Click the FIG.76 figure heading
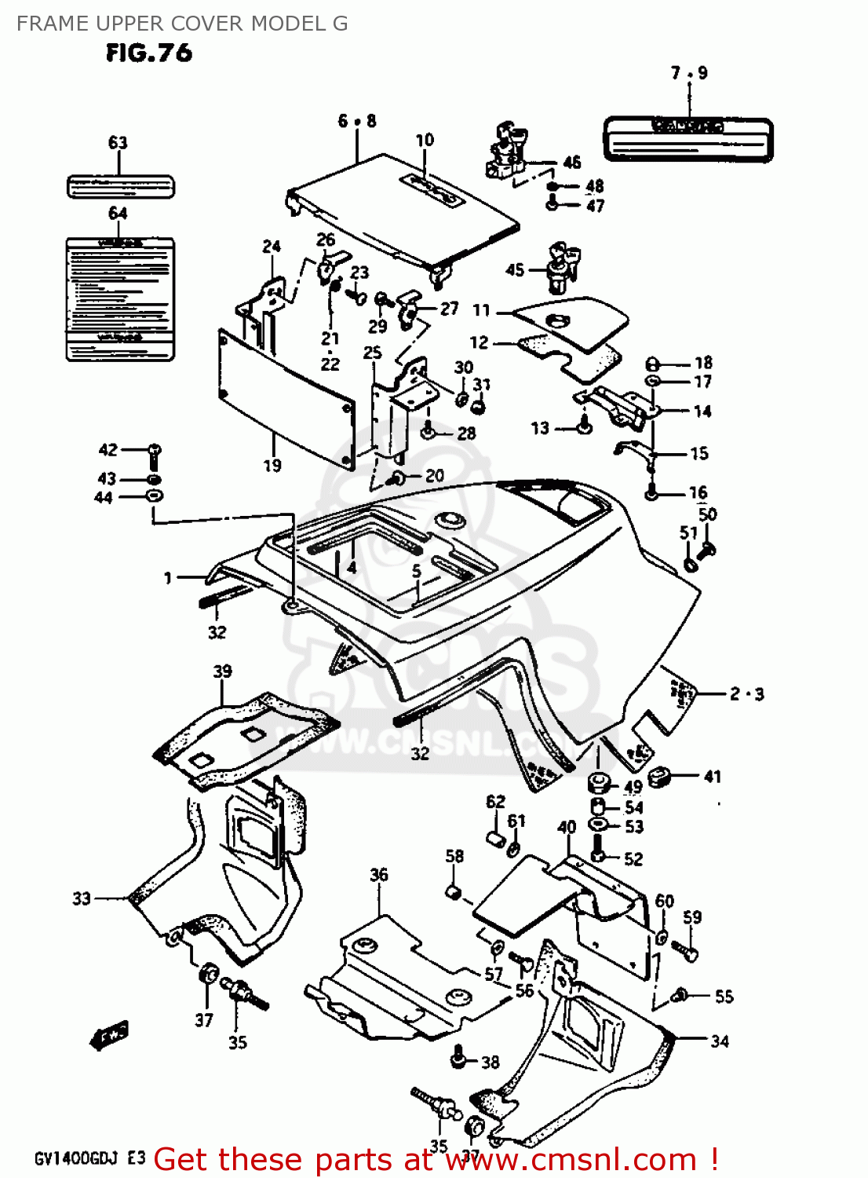coord(149,53)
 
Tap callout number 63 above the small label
coord(118,143)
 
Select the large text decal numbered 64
coord(119,298)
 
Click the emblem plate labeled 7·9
coord(687,140)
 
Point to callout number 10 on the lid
coord(425,141)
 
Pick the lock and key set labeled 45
coord(563,268)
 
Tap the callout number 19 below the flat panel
coord(272,466)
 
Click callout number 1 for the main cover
coord(168,579)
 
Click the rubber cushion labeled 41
coord(662,776)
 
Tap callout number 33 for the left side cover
coord(82,898)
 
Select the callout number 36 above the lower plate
coord(379,875)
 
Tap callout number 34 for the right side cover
coord(720,1041)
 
